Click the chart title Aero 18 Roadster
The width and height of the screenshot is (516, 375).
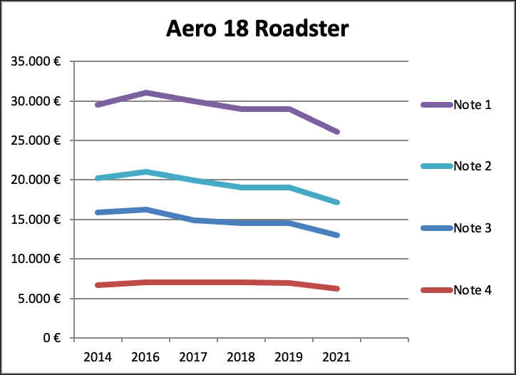(257, 29)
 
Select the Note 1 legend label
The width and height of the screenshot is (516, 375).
(473, 105)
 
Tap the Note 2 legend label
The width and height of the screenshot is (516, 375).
(473, 166)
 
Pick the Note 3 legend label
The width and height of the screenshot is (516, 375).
(473, 228)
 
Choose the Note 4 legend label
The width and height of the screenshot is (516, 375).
(473, 290)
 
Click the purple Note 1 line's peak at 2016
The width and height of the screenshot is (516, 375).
(145, 93)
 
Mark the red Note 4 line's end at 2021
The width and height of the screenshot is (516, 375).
(336, 289)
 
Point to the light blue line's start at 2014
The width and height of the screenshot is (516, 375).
(98, 178)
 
